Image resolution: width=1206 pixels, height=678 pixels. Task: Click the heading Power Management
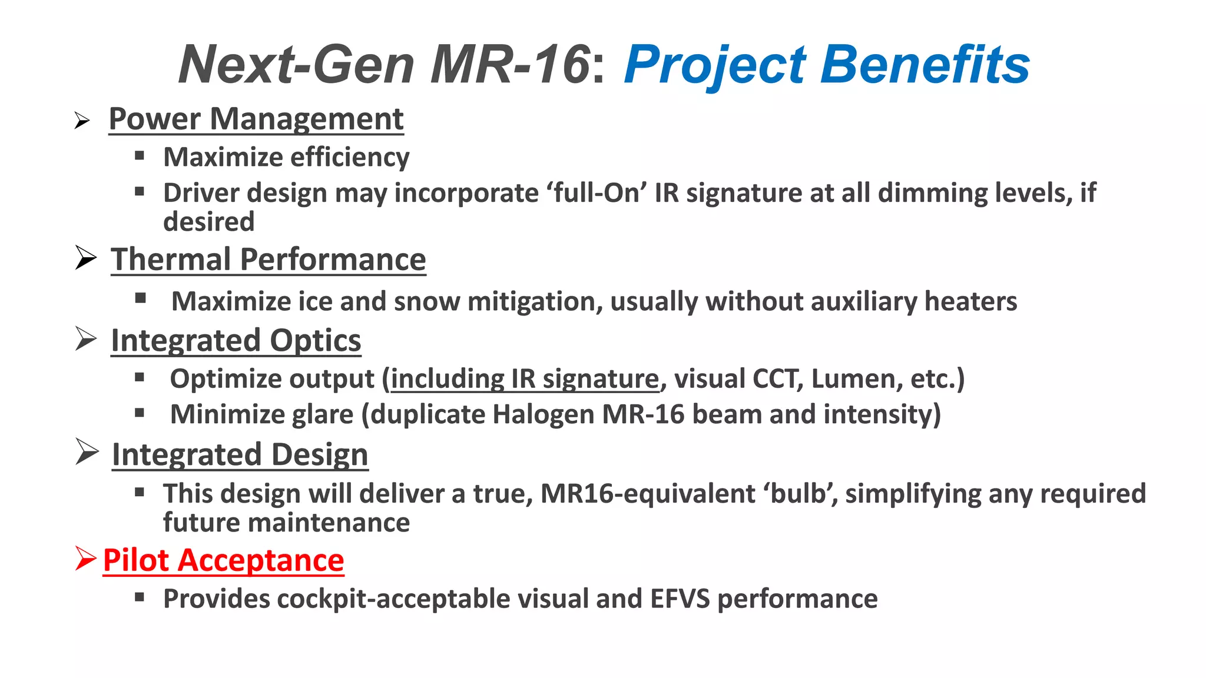tap(256, 119)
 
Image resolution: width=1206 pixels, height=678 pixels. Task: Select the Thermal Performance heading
tap(269, 260)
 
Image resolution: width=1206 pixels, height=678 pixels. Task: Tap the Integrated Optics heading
tap(236, 341)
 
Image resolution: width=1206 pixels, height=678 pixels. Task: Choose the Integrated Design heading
tap(240, 455)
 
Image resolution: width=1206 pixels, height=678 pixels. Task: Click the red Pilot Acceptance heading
tap(223, 560)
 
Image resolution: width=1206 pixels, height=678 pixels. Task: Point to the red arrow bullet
tap(85, 559)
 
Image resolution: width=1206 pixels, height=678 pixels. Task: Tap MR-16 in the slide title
tap(511, 65)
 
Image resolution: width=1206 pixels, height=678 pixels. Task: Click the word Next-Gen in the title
tap(296, 65)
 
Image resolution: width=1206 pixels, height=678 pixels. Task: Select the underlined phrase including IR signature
tap(525, 379)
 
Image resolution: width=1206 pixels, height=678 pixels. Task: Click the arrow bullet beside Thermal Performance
tap(86, 258)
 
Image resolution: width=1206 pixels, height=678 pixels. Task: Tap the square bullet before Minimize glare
tap(140, 413)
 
